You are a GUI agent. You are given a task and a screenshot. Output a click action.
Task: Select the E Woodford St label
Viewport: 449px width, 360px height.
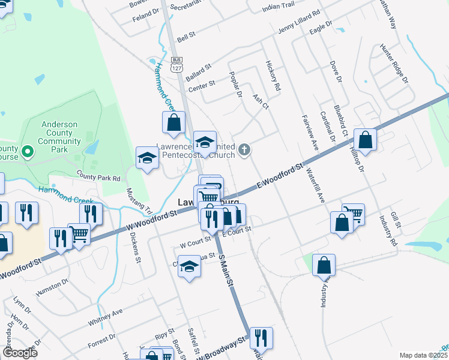tap(281, 176)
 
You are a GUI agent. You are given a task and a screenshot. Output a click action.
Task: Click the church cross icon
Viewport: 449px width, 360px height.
tap(244, 149)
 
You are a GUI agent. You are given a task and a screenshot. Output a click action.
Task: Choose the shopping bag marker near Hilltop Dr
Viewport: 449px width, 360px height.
tap(365, 141)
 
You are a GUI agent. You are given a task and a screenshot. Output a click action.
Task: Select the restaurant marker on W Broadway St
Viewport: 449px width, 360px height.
tap(261, 338)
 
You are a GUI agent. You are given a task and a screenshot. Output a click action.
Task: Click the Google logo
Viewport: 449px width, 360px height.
tap(20, 353)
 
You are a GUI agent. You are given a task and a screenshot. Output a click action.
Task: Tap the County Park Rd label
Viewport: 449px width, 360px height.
tap(98, 178)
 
